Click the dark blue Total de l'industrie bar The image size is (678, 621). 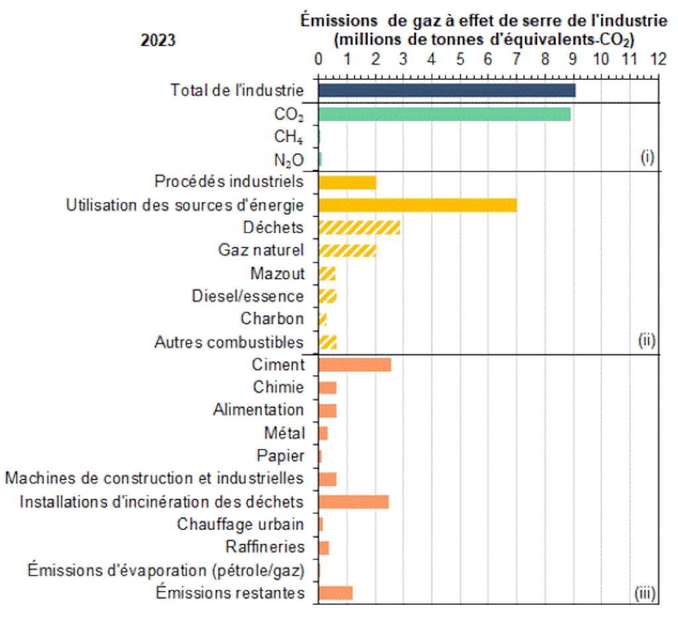click(x=446, y=90)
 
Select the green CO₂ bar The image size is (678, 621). click(x=444, y=114)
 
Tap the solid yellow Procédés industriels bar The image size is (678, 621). click(x=347, y=182)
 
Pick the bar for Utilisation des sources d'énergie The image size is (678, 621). click(x=417, y=205)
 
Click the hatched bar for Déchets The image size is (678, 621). click(x=359, y=228)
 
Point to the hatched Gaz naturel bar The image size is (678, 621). click(x=347, y=251)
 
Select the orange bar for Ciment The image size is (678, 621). click(x=354, y=365)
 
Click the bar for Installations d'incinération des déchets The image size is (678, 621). click(x=353, y=502)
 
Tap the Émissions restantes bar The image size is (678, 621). click(x=335, y=593)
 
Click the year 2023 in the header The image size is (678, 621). click(x=158, y=40)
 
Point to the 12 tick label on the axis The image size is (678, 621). click(x=657, y=58)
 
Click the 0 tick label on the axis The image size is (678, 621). click(x=318, y=58)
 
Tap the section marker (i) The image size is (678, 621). click(x=647, y=158)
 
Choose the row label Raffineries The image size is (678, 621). click(x=265, y=547)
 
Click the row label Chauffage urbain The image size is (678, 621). click(x=240, y=524)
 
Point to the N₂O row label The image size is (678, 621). click(x=289, y=160)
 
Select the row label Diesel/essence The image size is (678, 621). click(x=248, y=296)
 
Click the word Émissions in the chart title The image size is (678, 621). click(x=334, y=19)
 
